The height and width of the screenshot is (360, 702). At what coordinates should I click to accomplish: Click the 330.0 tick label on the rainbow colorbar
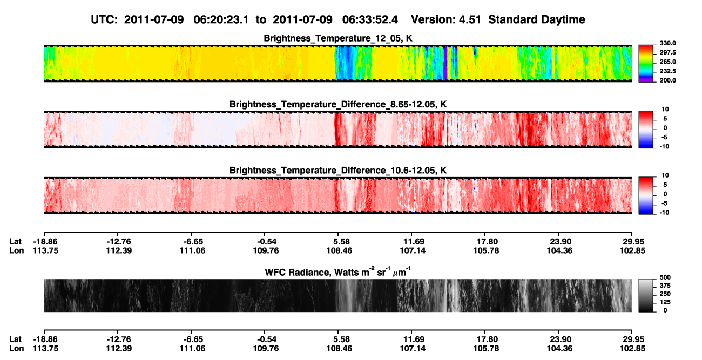[667, 43]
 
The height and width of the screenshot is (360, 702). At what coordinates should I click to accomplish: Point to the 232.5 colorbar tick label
[667, 71]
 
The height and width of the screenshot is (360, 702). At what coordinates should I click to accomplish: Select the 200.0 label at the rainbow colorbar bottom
[667, 80]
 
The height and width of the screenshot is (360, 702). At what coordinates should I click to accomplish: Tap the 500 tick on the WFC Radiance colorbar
[665, 277]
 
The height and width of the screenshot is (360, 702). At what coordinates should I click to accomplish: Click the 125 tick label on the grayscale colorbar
[665, 302]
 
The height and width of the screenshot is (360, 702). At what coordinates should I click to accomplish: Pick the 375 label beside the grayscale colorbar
[665, 286]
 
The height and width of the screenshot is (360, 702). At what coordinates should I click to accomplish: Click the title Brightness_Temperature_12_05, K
[338, 38]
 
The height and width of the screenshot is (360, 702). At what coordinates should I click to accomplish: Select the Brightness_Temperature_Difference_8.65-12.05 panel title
[338, 104]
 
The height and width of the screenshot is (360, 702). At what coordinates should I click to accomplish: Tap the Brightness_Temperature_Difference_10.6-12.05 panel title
[338, 171]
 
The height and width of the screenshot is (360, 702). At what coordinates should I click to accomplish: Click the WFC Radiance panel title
[338, 272]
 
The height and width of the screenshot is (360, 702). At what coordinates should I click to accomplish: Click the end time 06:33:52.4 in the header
[370, 19]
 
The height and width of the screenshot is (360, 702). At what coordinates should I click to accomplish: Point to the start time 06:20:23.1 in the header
[221, 19]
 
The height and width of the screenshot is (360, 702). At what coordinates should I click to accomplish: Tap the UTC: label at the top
[104, 19]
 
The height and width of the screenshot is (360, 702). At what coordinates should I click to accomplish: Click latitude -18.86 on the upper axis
[45, 242]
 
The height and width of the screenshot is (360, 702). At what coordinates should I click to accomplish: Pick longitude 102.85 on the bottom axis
[632, 349]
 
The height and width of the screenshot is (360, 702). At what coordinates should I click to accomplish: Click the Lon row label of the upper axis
[16, 250]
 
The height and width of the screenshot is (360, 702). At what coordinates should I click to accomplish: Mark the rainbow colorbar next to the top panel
[646, 64]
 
